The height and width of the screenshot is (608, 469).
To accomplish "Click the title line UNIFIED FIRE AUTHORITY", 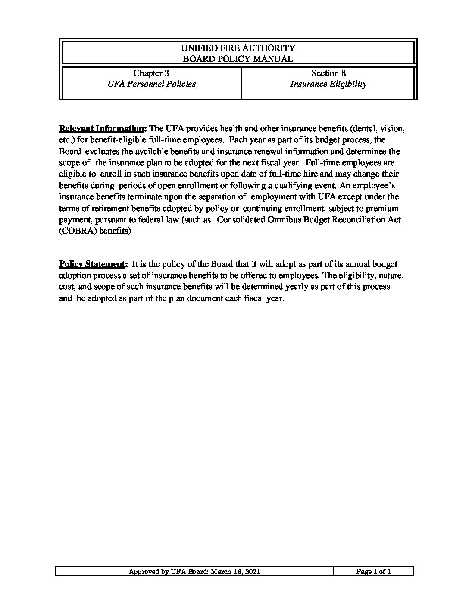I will click(x=238, y=48).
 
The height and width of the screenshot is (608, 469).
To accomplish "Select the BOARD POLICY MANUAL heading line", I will click(x=238, y=59).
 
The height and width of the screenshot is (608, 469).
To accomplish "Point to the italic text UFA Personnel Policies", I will click(x=151, y=84).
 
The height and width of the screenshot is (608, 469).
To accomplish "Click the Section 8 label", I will click(x=328, y=73).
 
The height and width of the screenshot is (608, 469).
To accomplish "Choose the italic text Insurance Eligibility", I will click(x=328, y=84).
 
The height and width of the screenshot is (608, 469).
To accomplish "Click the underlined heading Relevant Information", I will click(x=103, y=129).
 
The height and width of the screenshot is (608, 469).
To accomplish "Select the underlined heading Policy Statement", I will click(x=93, y=264).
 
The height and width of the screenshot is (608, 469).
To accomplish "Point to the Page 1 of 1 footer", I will click(x=373, y=572).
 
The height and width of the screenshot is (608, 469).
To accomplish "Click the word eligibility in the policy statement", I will click(x=352, y=275).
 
